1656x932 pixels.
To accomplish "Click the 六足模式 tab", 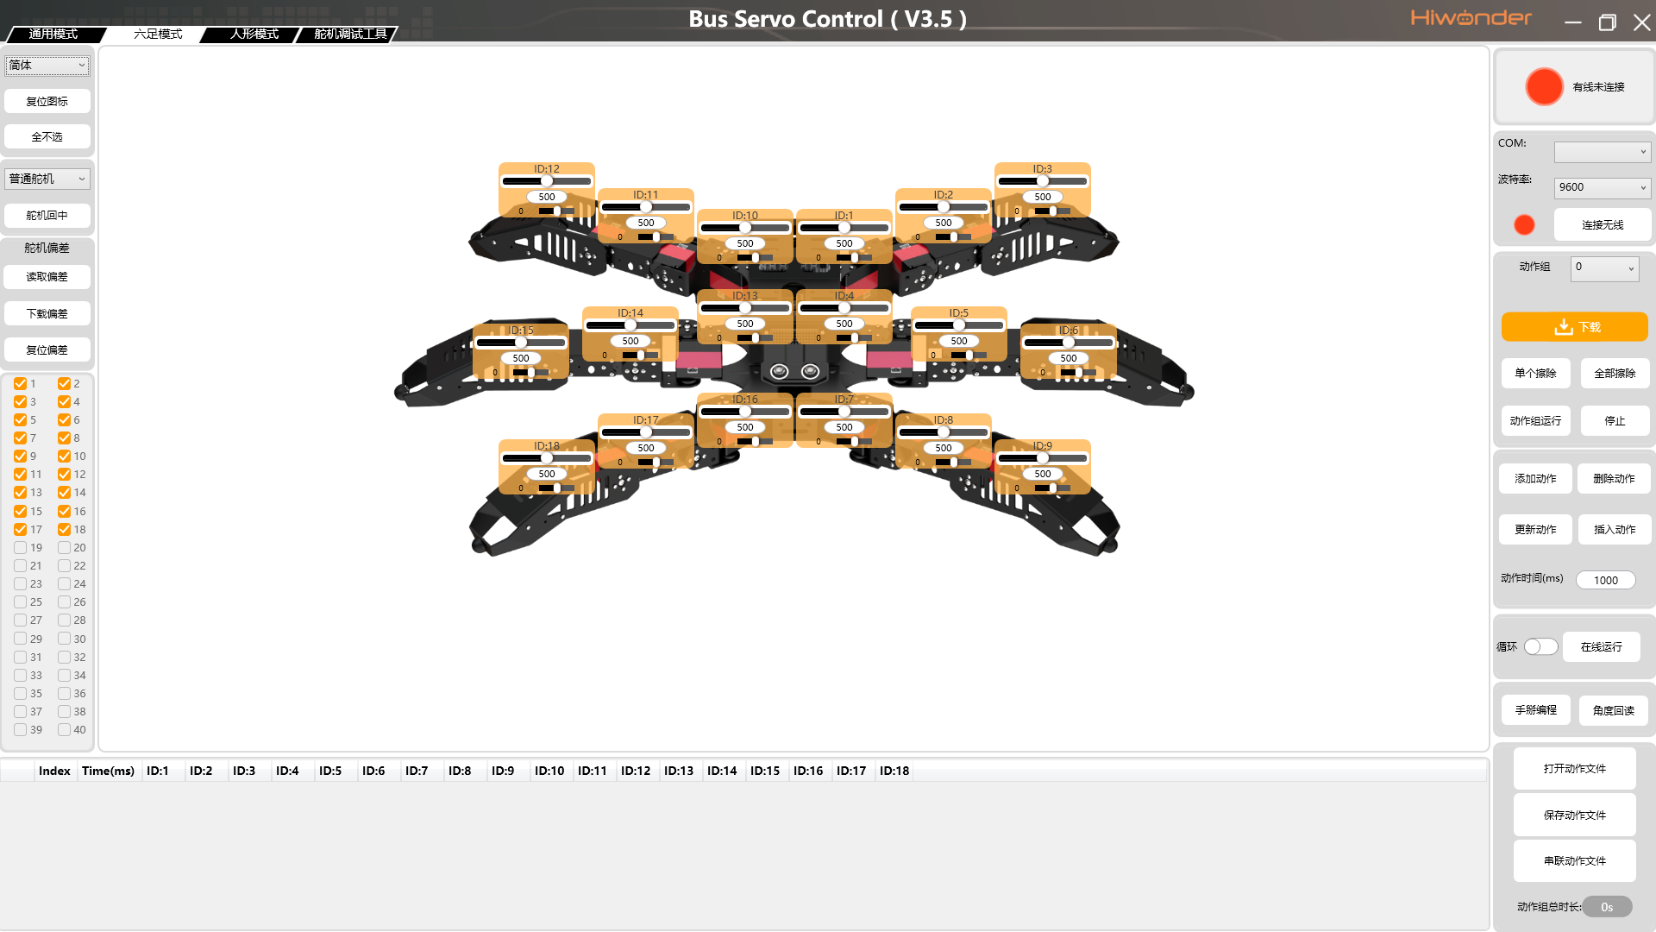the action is (x=158, y=34).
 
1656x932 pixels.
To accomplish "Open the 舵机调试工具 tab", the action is (x=350, y=34).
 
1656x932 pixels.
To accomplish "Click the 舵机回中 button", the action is (x=47, y=216).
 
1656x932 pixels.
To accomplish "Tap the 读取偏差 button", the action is (x=47, y=277).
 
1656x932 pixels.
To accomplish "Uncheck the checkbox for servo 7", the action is (x=20, y=438).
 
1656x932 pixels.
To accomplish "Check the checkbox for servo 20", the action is (x=64, y=548).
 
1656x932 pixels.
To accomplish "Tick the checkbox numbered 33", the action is (x=20, y=676).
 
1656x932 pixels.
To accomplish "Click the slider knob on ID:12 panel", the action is (x=547, y=181).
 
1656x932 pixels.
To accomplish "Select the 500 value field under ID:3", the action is (x=1043, y=197).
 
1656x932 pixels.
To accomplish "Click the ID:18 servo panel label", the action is (x=547, y=446).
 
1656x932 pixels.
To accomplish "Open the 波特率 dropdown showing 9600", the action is (x=1603, y=187).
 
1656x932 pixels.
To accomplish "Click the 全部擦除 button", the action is (x=1615, y=374).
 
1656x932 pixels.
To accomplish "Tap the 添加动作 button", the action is (x=1536, y=479).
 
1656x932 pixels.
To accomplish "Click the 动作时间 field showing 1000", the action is (x=1606, y=581).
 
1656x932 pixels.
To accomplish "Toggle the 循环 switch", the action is (x=1540, y=647).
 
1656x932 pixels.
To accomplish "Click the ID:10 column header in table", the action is (x=549, y=771).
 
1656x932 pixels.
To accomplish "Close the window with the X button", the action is (x=1642, y=22).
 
